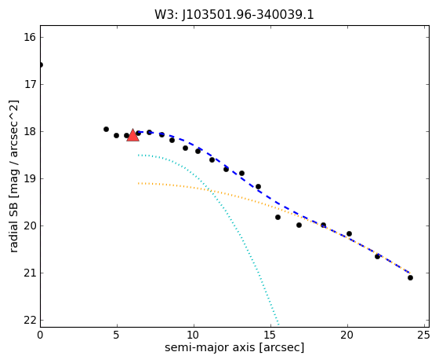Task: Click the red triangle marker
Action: coord(132,135)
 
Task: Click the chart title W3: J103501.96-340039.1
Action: coord(234,15)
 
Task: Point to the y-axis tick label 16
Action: coord(30,37)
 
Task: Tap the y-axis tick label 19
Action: coord(30,178)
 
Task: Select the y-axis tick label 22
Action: coord(30,320)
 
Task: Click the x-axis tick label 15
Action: coord(270,335)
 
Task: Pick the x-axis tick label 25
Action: coord(424,335)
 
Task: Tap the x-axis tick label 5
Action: coord(117,335)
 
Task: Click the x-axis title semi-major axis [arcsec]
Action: coord(234,347)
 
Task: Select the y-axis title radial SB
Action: coord(13,228)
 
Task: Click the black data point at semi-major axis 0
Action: coord(41,64)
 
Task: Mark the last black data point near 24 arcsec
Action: coord(410,277)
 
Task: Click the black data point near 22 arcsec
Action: coord(377,256)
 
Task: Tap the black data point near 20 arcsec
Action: coord(349,233)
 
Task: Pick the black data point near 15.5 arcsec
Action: coord(278,217)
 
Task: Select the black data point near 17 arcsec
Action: coord(299,225)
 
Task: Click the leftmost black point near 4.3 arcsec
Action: coord(106,129)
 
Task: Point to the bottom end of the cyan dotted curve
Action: coord(278,324)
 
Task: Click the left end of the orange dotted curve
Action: coord(138,183)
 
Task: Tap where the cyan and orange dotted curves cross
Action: coord(209,190)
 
